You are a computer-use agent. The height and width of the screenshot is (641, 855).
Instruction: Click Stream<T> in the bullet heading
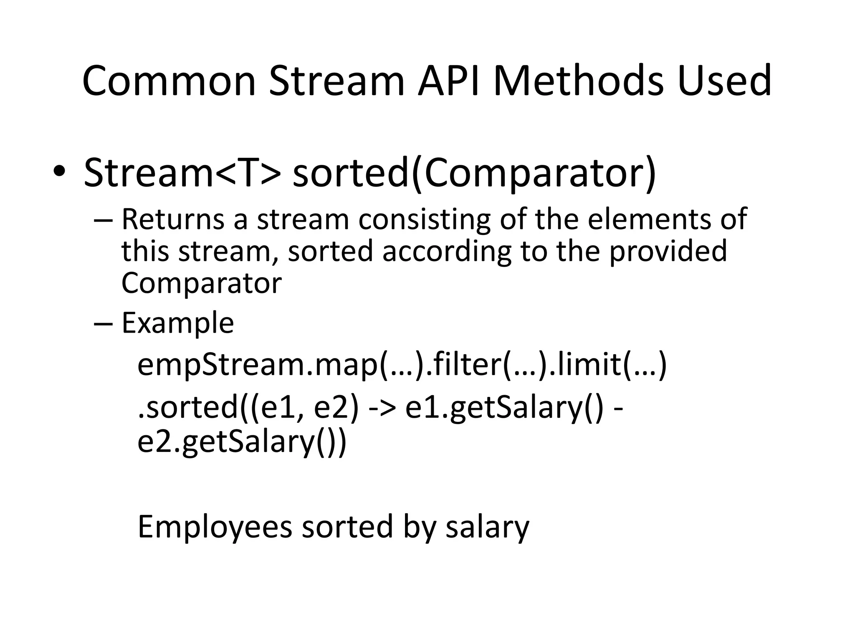coord(182,172)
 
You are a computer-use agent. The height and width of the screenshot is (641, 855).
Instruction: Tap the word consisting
coord(424,220)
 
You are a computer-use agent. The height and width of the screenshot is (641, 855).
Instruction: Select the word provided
coord(668,252)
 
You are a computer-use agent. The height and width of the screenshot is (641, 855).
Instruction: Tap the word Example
coord(177,323)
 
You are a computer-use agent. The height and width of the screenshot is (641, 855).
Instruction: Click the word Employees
coord(215,527)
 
